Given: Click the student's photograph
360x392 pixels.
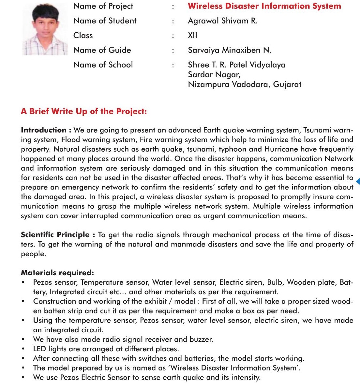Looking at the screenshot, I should click(x=44, y=30).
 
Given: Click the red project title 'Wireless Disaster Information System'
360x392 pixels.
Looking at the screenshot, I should click(x=264, y=6).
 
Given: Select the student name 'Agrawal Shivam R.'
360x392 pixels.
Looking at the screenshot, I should click(x=223, y=21).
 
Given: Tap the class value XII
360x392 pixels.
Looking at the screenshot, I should click(x=192, y=35).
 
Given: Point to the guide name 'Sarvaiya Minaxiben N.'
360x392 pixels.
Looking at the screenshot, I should click(x=230, y=50).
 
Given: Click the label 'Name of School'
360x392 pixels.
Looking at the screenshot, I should click(x=103, y=65).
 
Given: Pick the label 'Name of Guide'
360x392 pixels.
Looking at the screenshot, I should click(x=102, y=50).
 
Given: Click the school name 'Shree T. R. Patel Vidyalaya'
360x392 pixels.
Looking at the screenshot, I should click(x=236, y=65).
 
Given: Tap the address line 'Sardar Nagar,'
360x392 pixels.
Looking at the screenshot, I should click(x=214, y=75).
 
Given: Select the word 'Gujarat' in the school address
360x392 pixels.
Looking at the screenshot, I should click(x=287, y=84).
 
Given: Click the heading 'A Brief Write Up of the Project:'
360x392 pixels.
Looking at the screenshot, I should click(x=84, y=112).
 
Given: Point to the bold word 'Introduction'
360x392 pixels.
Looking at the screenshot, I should click(x=44, y=130).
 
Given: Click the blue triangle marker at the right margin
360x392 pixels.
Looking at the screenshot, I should click(x=358, y=181).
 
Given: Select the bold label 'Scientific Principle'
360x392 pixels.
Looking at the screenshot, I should click(x=55, y=235).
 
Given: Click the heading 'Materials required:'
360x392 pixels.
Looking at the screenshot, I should click(x=57, y=273).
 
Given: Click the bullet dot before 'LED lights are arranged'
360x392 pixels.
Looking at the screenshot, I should click(x=23, y=349).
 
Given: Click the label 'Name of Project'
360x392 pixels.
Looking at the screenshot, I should click(x=103, y=6).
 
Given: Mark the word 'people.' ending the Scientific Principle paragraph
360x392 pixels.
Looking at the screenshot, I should click(x=34, y=254).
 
